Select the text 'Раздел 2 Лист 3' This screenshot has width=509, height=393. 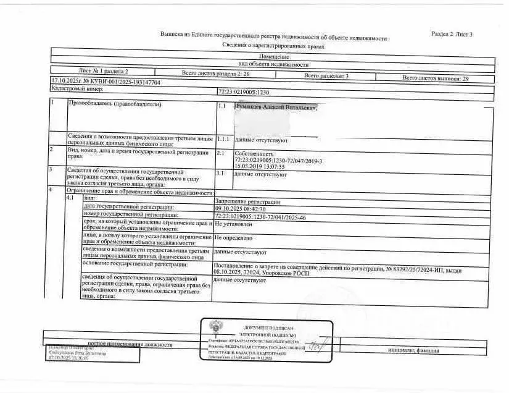(x=452, y=34)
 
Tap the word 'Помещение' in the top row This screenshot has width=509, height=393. (x=274, y=57)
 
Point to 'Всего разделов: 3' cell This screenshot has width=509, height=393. (x=326, y=75)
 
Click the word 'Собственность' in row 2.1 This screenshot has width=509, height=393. (x=254, y=153)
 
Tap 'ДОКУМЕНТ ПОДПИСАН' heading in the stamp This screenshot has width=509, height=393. (x=268, y=327)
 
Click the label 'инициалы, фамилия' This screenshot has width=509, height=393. (x=414, y=350)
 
